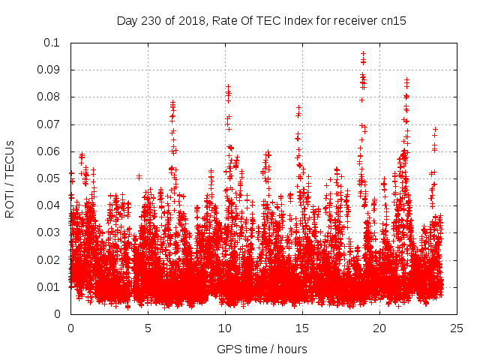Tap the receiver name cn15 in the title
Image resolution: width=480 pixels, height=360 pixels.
(392, 21)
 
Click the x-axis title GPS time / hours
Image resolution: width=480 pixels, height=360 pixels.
(262, 349)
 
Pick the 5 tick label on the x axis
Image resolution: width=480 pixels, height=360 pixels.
(148, 328)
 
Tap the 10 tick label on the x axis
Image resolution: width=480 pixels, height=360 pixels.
(225, 328)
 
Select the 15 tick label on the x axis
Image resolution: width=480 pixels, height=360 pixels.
(302, 328)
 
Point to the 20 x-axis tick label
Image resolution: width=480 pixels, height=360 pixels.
(379, 328)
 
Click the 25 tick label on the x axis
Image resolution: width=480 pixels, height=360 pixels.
(457, 328)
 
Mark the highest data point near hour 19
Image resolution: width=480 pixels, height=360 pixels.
(363, 53)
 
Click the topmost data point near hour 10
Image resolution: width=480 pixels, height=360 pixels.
(227, 86)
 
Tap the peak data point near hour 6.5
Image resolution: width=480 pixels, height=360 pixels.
(172, 102)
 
